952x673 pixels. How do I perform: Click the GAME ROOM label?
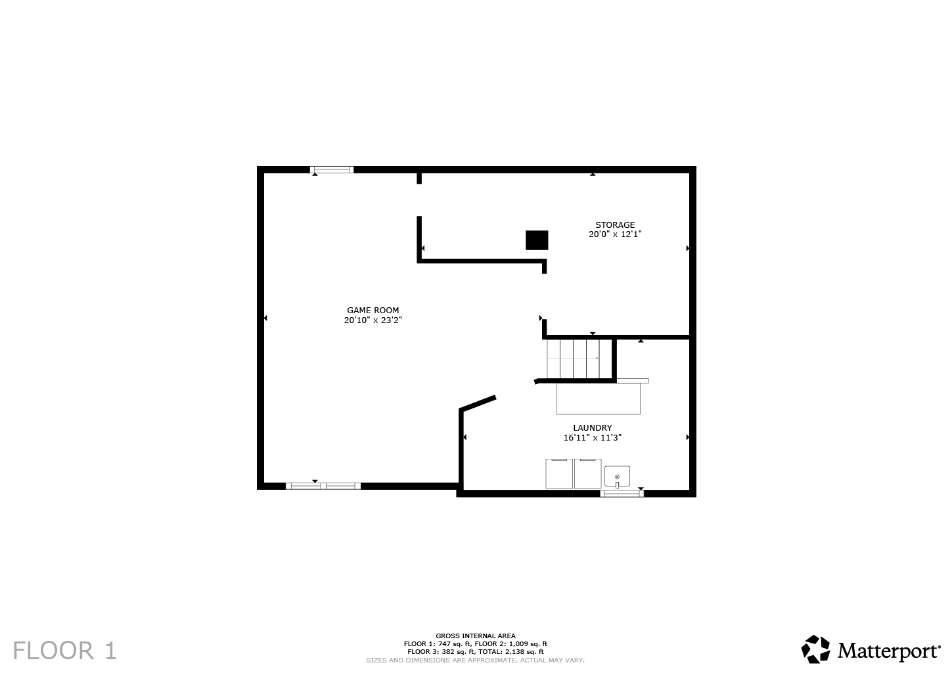click(373, 311)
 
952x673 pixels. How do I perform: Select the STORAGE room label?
click(615, 225)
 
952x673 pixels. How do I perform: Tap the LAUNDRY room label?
click(592, 427)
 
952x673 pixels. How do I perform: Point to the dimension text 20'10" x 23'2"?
click(373, 320)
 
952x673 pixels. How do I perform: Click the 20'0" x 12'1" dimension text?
click(615, 234)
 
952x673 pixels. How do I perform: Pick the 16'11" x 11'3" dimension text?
click(592, 437)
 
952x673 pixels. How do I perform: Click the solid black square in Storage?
click(537, 240)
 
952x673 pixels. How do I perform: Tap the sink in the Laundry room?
click(617, 476)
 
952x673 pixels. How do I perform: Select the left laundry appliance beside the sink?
click(559, 473)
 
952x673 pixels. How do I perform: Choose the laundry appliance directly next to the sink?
click(587, 473)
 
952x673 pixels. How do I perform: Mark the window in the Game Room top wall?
click(332, 170)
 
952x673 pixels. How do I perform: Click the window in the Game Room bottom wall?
click(323, 486)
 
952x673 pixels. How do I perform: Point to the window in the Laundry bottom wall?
click(622, 493)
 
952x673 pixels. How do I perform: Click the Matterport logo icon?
click(816, 649)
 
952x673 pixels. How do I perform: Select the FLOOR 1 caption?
click(64, 651)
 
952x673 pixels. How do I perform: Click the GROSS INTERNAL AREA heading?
click(476, 636)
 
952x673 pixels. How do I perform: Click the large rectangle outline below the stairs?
click(598, 399)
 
